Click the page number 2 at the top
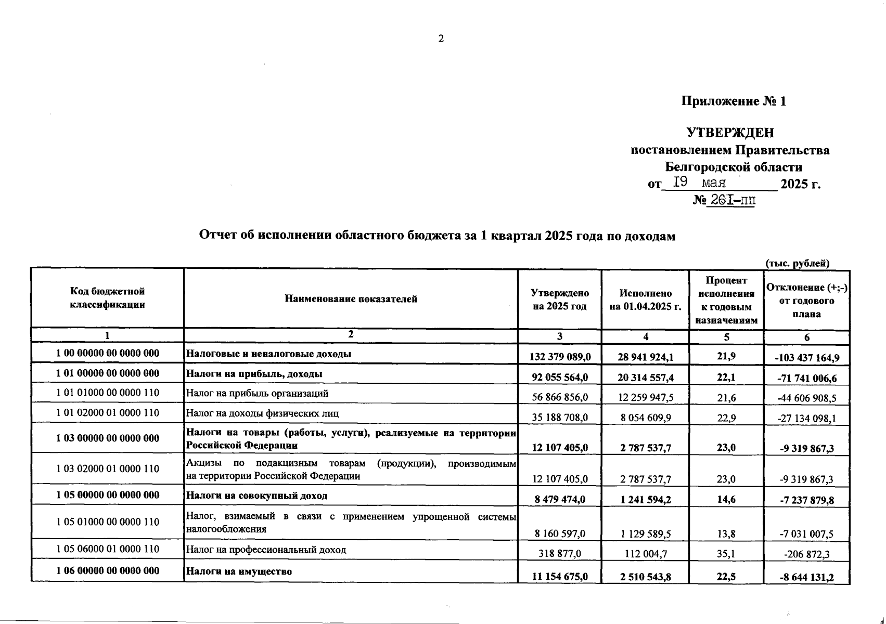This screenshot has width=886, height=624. tap(441, 38)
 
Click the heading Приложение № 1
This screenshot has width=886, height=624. tap(734, 101)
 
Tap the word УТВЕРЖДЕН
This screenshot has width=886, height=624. tap(730, 133)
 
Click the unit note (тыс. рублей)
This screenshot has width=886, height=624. tap(798, 263)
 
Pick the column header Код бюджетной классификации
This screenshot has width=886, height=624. tap(108, 298)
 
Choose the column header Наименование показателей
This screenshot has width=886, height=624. tap(351, 298)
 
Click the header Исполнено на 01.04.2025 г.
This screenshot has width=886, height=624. tap(645, 300)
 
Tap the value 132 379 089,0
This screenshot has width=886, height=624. tap(560, 357)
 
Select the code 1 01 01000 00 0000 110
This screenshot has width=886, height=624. tap(108, 393)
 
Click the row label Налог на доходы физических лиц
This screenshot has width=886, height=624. tap(263, 413)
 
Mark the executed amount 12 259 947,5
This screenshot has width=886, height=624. tap(646, 397)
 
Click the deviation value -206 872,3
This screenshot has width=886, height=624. tap(806, 554)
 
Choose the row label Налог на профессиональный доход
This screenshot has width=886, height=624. tap(266, 550)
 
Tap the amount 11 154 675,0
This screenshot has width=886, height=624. tap(560, 576)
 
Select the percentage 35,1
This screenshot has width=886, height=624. tap(726, 554)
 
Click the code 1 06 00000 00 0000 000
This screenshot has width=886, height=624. tap(108, 570)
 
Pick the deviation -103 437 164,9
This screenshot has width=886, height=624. tap(806, 358)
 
